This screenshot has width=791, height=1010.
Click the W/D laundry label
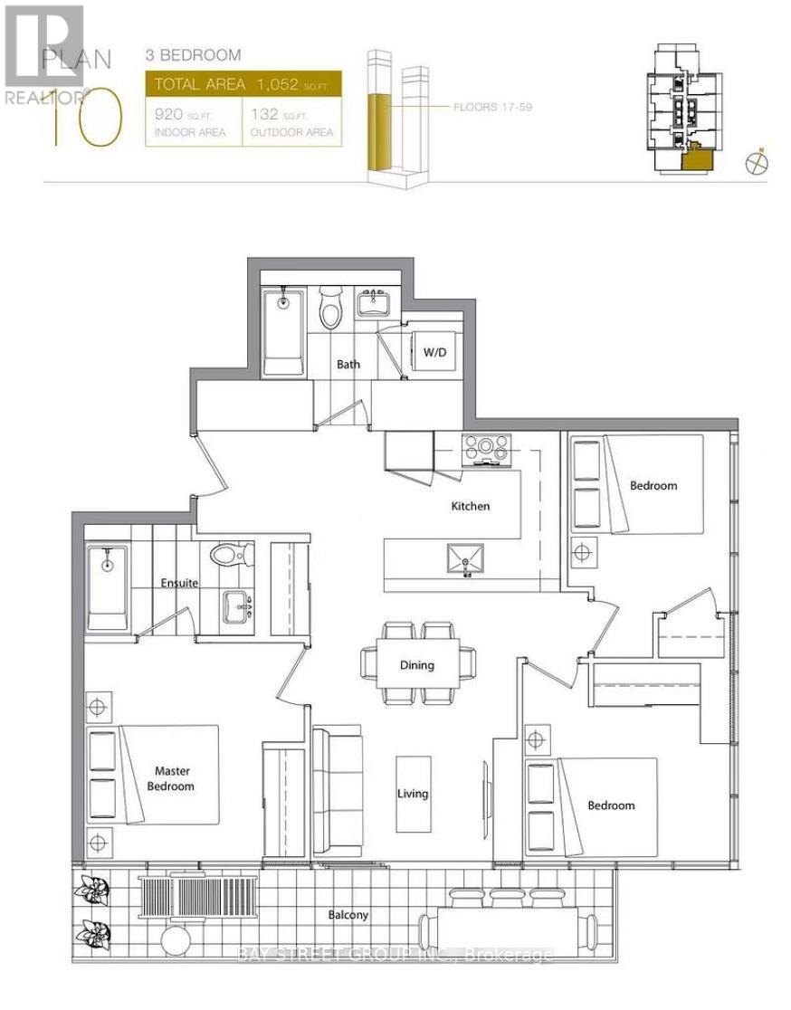tap(434, 351)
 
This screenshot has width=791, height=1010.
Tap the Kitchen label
tap(470, 506)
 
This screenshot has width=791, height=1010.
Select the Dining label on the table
tap(417, 665)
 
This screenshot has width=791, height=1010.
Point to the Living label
tap(412, 794)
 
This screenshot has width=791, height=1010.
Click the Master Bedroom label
tap(171, 779)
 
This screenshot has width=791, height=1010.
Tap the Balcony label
tap(348, 915)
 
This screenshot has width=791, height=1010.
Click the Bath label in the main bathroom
tap(348, 365)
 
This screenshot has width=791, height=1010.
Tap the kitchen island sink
tap(466, 561)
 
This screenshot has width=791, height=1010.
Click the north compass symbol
tap(758, 162)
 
